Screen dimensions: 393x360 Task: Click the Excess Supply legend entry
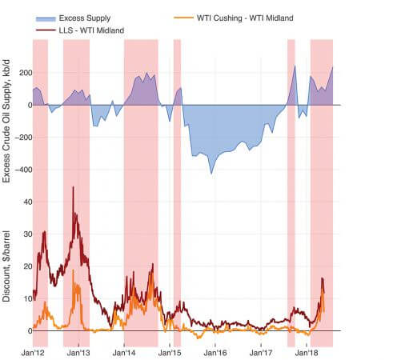(74, 18)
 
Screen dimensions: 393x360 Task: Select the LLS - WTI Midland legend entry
(80, 30)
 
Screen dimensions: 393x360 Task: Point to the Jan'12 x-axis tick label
(33, 353)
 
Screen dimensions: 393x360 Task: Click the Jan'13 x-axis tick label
(78, 353)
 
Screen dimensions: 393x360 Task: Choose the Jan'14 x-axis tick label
(124, 353)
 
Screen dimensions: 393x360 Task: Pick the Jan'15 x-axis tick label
(170, 353)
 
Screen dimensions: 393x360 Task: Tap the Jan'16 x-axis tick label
(215, 353)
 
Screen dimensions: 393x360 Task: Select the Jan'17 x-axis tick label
(261, 353)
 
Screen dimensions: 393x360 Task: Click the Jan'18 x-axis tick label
(307, 353)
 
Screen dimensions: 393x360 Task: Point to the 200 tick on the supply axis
(26, 73)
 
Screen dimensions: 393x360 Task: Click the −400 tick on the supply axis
(23, 170)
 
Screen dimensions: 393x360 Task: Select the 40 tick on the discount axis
(28, 202)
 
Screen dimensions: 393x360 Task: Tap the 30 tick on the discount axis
(28, 234)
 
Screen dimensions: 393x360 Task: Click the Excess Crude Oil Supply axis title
(6, 122)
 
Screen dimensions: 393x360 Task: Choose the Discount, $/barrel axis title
(6, 266)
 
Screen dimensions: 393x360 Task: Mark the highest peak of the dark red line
(73, 186)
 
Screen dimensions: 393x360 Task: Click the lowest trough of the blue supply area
(211, 174)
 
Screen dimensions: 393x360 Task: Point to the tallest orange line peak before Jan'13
(73, 270)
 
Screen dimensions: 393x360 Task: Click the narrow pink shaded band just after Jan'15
(177, 193)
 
